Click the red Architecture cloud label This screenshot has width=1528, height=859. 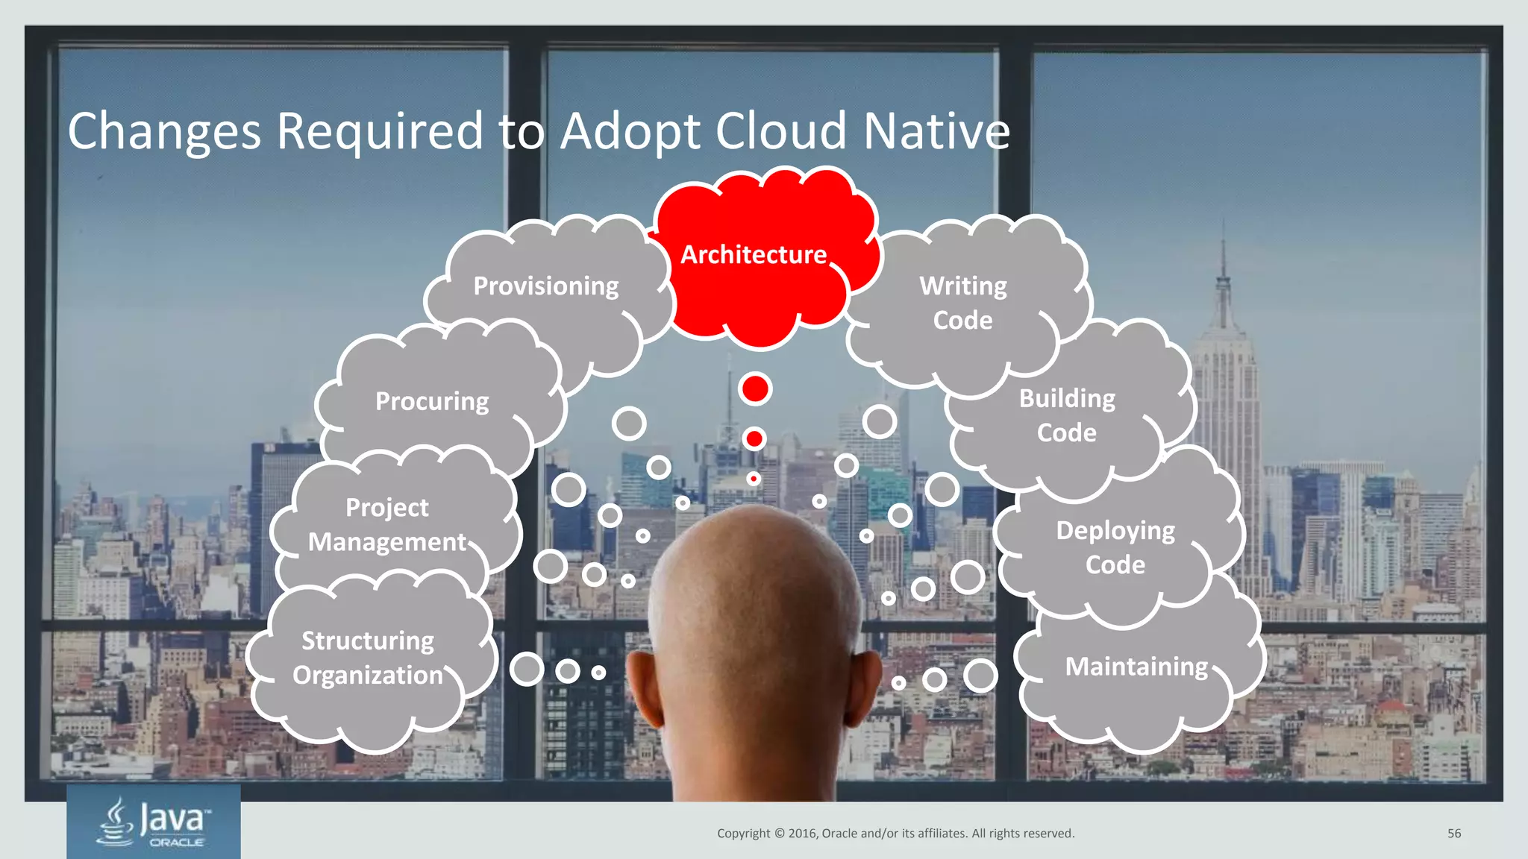tap(754, 255)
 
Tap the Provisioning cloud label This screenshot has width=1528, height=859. tap(546, 286)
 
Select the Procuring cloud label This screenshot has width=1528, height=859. tap(432, 402)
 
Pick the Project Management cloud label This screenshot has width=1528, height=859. tap(387, 525)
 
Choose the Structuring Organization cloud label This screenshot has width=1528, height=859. tap(368, 658)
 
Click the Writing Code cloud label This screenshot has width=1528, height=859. tap(962, 303)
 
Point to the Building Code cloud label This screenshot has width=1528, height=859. tap(1067, 416)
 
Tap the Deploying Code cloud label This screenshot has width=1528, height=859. tap(1115, 548)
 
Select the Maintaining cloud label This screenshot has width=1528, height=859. tap(1136, 667)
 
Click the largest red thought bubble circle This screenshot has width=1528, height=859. tap(755, 389)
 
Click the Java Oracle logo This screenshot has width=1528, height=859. tap(154, 822)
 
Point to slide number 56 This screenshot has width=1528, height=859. tap(1454, 834)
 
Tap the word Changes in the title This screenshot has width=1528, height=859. tap(164, 132)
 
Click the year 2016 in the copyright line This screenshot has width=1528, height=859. tap(803, 834)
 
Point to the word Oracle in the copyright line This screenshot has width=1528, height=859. tap(839, 834)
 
